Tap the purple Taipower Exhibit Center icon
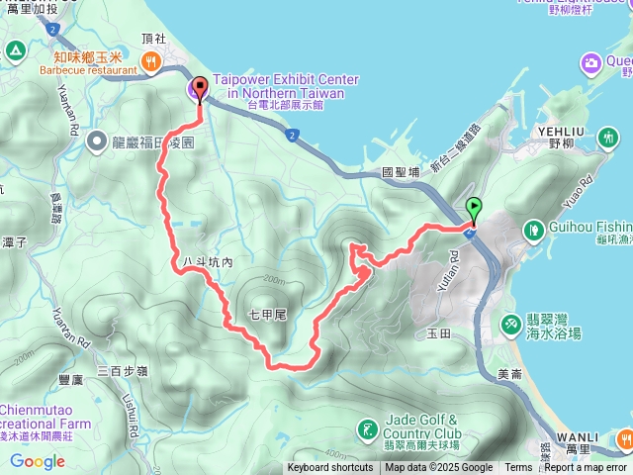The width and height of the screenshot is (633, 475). [193, 92]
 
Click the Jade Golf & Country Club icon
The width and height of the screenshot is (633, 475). [367, 428]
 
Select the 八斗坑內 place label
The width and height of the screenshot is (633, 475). [207, 262]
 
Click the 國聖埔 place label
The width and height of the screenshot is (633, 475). [401, 172]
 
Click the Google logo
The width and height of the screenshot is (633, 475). [37, 461]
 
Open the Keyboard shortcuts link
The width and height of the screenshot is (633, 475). [330, 468]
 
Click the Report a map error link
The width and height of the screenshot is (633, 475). [586, 468]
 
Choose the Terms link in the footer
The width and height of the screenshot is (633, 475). [518, 468]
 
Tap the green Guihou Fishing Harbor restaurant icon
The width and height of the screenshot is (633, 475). [534, 229]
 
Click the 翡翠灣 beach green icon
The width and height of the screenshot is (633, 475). [510, 324]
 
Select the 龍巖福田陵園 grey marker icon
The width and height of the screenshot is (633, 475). [97, 142]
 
